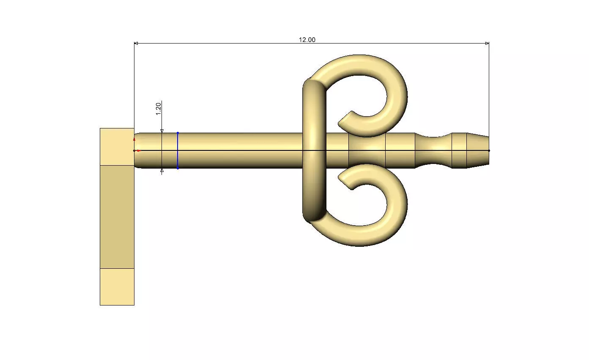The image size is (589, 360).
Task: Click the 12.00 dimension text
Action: pos(307,40)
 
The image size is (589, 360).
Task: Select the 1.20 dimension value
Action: pos(159,108)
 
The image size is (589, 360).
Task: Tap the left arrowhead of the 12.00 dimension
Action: pos(136,43)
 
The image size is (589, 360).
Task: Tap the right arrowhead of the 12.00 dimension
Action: pos(487,43)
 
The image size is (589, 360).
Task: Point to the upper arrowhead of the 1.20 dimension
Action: pos(162,131)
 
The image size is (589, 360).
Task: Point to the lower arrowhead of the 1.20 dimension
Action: pos(162,171)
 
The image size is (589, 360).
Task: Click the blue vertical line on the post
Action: pos(178,150)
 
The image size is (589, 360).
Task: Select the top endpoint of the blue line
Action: pos(178,133)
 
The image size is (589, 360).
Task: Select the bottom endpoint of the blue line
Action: pos(178,168)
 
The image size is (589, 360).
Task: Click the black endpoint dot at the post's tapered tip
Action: pos(489,150)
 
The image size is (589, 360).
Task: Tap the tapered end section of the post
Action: pos(478,150)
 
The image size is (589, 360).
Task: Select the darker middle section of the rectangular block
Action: pos(117,216)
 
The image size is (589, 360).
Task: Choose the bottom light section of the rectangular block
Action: pos(117,286)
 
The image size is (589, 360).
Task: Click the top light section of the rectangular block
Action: pos(117,146)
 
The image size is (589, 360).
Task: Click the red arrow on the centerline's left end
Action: pos(138,150)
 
